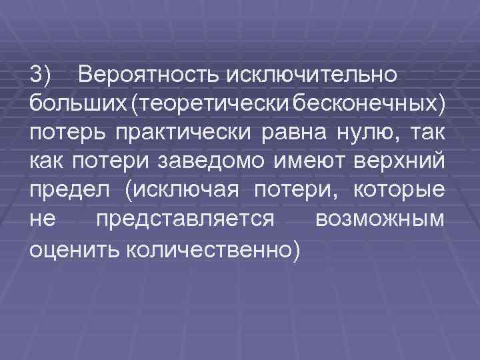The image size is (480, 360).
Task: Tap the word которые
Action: pyautogui.click(x=400, y=191)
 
